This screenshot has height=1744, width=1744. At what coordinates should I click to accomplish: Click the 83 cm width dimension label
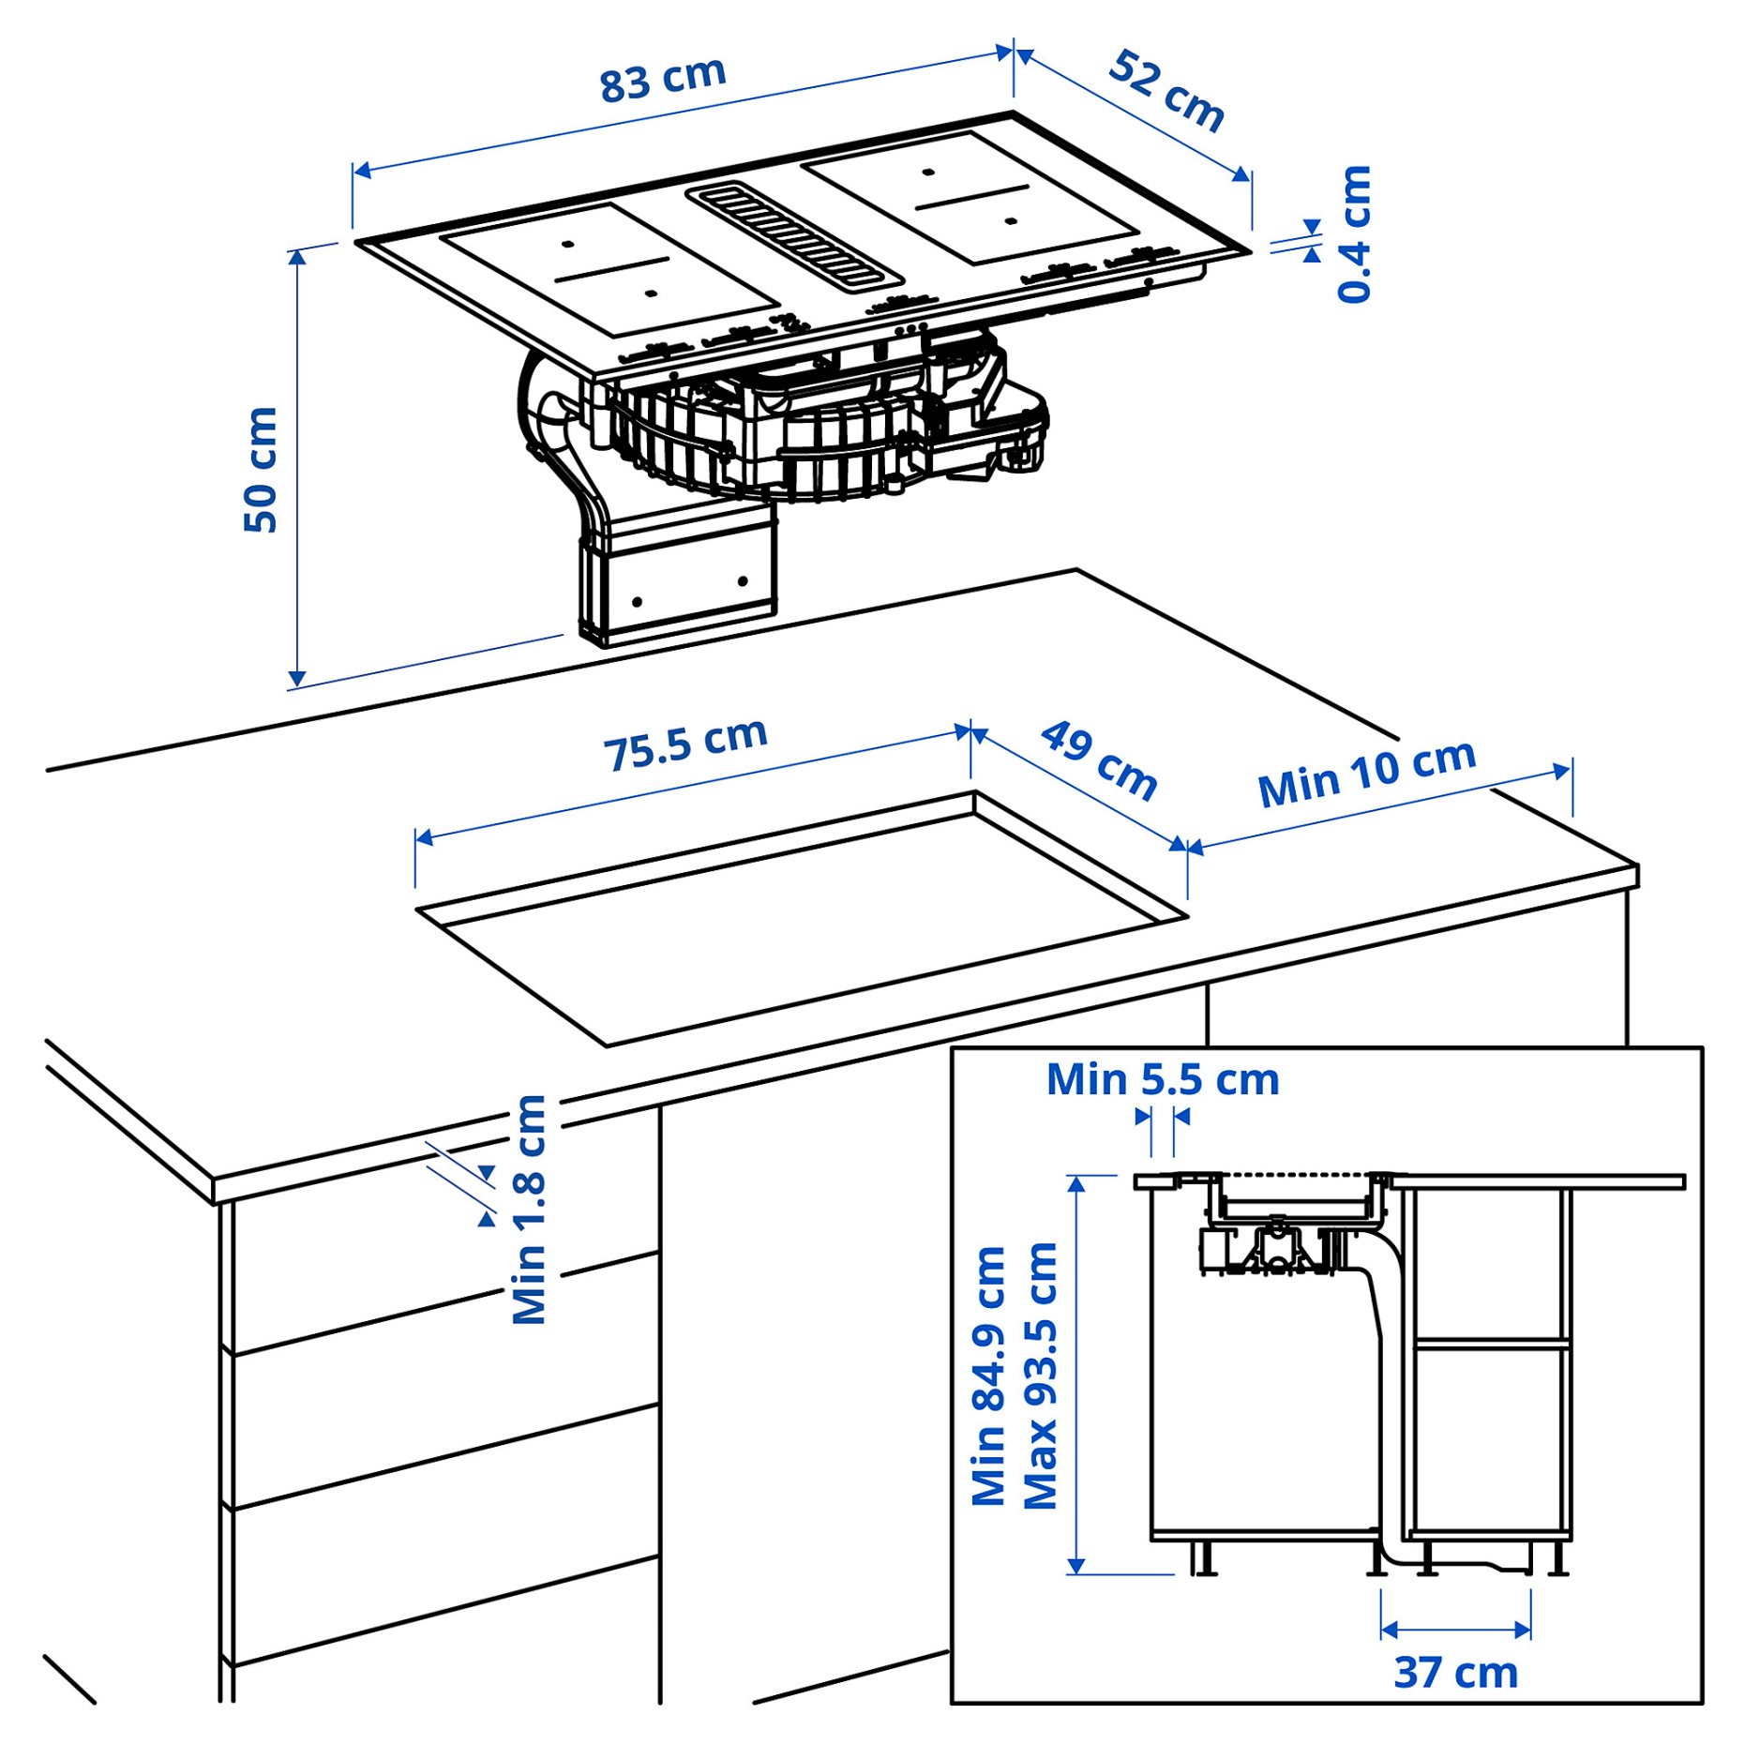(x=663, y=79)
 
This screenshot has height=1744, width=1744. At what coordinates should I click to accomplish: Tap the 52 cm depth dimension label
(x=1165, y=91)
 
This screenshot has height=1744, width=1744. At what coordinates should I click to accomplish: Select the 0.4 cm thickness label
(x=1354, y=233)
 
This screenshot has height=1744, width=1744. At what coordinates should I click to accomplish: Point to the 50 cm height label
(x=261, y=470)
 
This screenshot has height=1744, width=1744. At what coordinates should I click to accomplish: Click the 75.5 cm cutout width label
(x=684, y=744)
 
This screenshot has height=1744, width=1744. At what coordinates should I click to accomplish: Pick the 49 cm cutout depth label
(x=1099, y=760)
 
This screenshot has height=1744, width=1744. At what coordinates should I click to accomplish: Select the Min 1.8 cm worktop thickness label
(x=529, y=1210)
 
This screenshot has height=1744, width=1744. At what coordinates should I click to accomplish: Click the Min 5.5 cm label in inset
(x=1163, y=1079)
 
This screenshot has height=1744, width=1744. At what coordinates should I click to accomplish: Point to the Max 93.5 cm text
(x=1040, y=1376)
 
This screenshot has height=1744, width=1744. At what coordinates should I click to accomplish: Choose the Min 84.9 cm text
(x=988, y=1376)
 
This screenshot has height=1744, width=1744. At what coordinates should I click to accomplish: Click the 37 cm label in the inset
(x=1455, y=1673)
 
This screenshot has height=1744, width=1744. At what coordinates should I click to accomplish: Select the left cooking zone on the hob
(x=609, y=270)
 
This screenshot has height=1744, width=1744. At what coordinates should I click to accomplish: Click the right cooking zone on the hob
(x=970, y=197)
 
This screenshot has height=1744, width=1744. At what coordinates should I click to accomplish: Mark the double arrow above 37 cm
(x=1455, y=1629)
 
